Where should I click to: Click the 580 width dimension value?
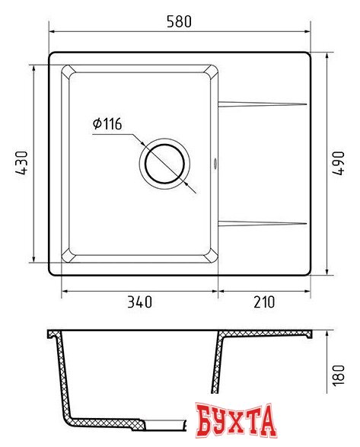[x=180, y=22]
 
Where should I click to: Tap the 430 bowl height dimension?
[x=22, y=164]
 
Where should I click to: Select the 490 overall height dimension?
[x=342, y=164]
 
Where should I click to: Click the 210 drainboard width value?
[x=263, y=302]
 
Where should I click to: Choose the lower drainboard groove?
[x=262, y=222]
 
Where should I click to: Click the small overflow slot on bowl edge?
[x=215, y=162]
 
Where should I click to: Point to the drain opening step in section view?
[x=147, y=422]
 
